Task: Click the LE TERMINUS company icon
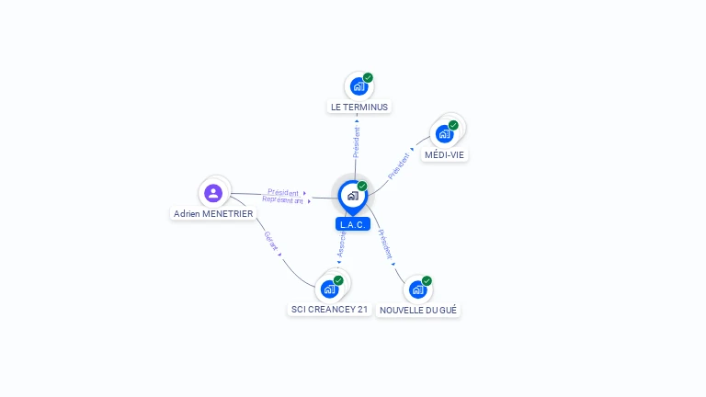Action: [x=358, y=86]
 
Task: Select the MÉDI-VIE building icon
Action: [x=444, y=134]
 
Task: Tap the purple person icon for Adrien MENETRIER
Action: [x=213, y=193]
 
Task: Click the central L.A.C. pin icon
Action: [x=352, y=196]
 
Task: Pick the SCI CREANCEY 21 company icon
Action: [x=329, y=289]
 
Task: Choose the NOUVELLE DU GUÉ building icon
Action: [x=417, y=289]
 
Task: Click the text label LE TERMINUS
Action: [x=359, y=107]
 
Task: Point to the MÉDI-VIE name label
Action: [x=444, y=155]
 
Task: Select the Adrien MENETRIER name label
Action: [x=213, y=213]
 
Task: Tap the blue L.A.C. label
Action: [x=353, y=224]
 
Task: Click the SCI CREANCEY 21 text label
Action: [x=329, y=310]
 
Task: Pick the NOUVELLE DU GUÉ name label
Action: [x=418, y=311]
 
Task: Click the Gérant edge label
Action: [x=271, y=241]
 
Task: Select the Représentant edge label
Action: [x=282, y=199]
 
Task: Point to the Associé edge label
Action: [x=341, y=244]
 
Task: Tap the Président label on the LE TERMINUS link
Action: [x=357, y=142]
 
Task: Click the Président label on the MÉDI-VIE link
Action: [x=400, y=164]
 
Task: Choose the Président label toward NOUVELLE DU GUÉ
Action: [x=385, y=244]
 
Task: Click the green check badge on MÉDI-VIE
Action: [x=453, y=125]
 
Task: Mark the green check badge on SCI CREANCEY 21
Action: [x=338, y=280]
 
